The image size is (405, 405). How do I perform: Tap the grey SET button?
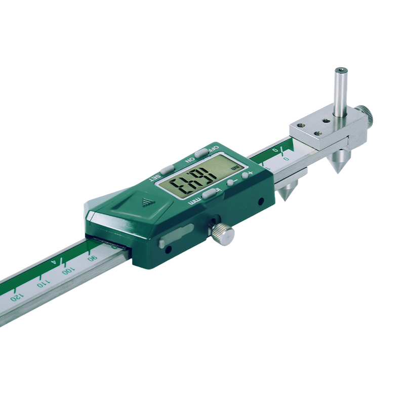click(x=167, y=171)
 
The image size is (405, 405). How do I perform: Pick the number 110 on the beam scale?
click(x=44, y=282)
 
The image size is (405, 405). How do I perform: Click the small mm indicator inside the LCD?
click(x=234, y=168)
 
